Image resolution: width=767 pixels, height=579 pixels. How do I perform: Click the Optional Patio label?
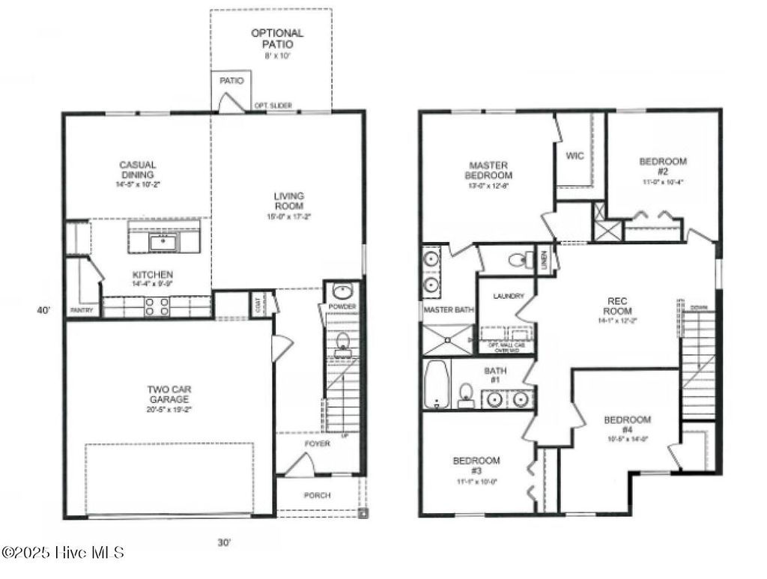[x=277, y=38]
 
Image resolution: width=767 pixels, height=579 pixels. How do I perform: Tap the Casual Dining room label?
[x=136, y=170]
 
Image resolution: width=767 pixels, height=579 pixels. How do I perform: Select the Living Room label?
[x=288, y=201]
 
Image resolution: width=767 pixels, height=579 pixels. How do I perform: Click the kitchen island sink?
[x=162, y=241]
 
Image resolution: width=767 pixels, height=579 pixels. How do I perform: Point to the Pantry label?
[x=81, y=309]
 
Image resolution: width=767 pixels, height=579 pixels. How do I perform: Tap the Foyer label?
[x=316, y=443]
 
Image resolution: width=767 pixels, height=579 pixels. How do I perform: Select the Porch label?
[x=316, y=495]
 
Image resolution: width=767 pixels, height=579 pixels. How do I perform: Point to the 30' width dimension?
[x=224, y=543]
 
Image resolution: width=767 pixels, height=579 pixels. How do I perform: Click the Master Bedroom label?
[x=489, y=170]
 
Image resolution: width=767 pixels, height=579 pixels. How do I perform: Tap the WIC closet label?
[x=575, y=156]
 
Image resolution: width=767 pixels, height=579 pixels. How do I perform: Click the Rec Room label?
[x=619, y=306]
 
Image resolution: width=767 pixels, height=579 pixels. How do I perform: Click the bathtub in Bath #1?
[x=435, y=384]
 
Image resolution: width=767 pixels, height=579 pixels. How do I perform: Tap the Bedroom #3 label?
[x=476, y=466]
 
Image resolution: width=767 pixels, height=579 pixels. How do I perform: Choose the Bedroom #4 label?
[x=627, y=425]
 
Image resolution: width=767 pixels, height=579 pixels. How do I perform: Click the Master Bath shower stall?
[x=448, y=339]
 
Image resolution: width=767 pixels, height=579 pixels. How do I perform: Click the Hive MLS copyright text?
[x=63, y=553]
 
